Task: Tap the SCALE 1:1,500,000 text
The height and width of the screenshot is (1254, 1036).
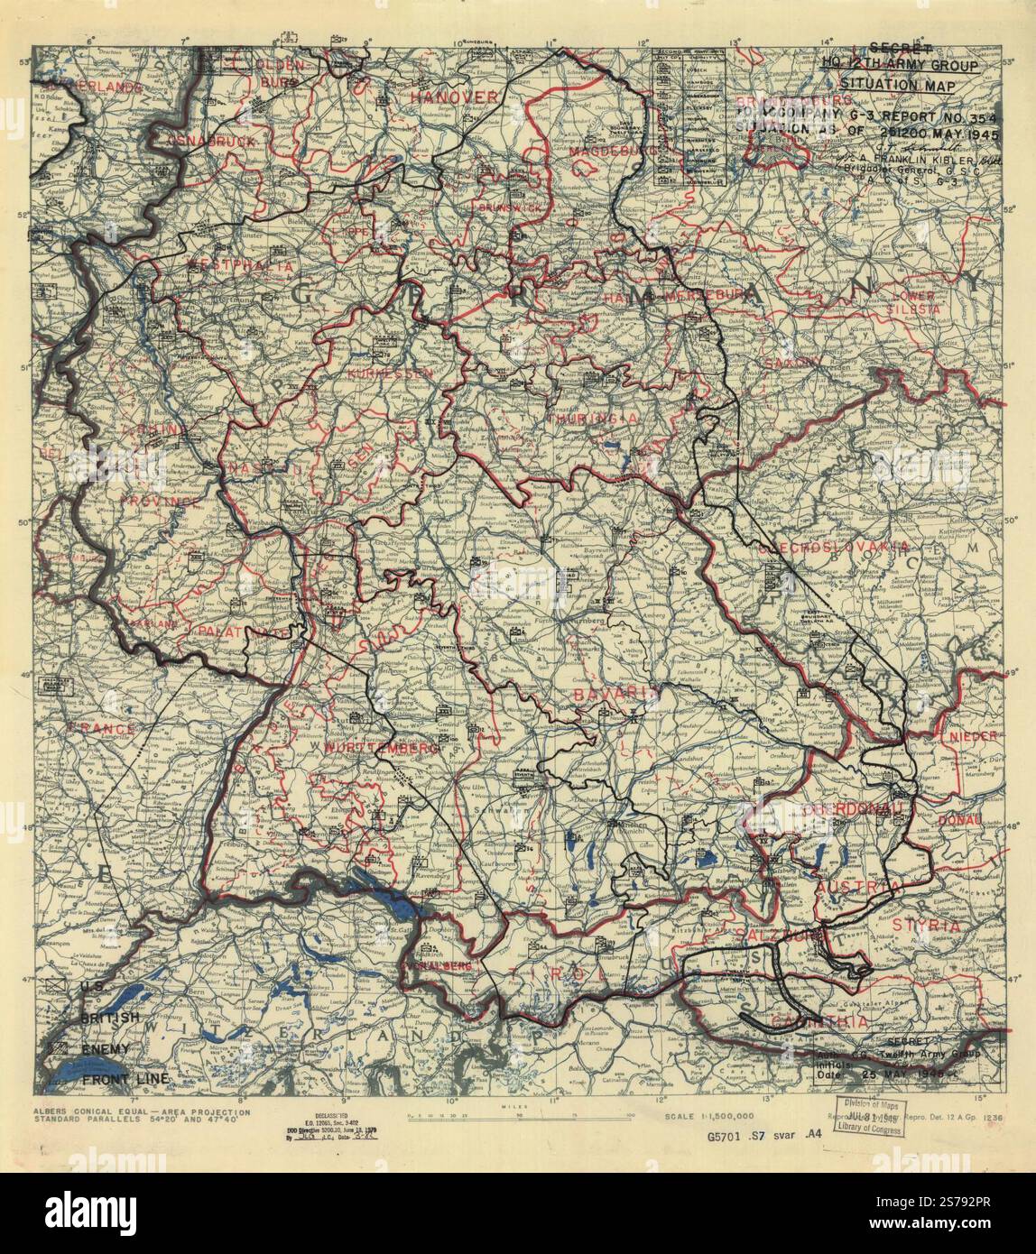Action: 708,1117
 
